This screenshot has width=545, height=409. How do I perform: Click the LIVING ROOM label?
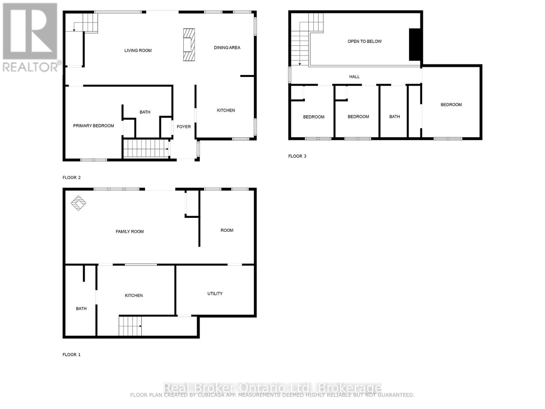pyautogui.click(x=138, y=50)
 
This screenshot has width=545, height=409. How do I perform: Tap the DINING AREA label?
pyautogui.click(x=227, y=48)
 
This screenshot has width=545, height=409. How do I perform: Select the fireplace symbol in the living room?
pyautogui.click(x=189, y=45)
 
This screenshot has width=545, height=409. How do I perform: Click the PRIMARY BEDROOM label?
pyautogui.click(x=93, y=126)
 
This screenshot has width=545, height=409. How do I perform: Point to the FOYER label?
pyautogui.click(x=184, y=127)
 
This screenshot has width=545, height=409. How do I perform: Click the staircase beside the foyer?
pyautogui.click(x=146, y=148)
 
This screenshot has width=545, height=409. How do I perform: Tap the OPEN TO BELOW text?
pyautogui.click(x=364, y=41)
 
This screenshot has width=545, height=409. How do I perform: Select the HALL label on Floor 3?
pyautogui.click(x=354, y=77)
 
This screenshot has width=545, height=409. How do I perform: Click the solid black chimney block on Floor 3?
pyautogui.click(x=415, y=45)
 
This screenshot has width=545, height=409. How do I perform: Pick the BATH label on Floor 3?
pyautogui.click(x=394, y=117)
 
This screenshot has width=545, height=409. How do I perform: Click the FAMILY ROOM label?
pyautogui.click(x=130, y=231)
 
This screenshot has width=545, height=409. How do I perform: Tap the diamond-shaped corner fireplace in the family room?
pyautogui.click(x=78, y=203)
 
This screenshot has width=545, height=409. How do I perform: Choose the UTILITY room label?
pyautogui.click(x=215, y=293)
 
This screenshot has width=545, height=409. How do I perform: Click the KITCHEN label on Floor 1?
pyautogui.click(x=134, y=296)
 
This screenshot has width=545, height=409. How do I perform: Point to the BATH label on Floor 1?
pyautogui.click(x=81, y=308)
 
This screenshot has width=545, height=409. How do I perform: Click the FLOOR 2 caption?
pyautogui.click(x=72, y=178)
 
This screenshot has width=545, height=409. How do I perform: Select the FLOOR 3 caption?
pyautogui.click(x=297, y=156)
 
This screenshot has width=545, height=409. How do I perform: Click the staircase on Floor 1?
pyautogui.click(x=130, y=326)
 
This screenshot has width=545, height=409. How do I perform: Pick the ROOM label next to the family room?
pyautogui.click(x=227, y=230)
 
